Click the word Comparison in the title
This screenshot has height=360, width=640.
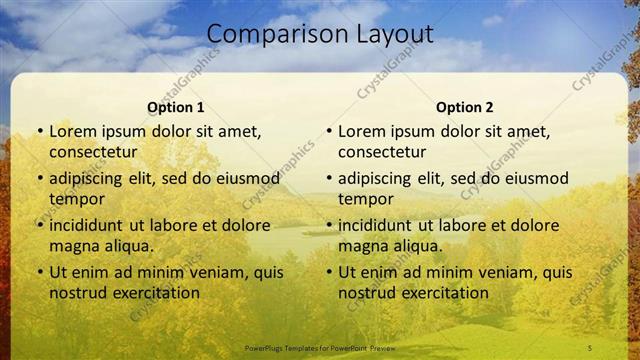(269, 34)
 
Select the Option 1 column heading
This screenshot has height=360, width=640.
(175, 107)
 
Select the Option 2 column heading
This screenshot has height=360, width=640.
(465, 107)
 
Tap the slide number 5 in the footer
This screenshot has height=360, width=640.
(590, 347)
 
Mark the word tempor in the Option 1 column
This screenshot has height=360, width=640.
(76, 198)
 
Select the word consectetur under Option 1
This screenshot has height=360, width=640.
(93, 152)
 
